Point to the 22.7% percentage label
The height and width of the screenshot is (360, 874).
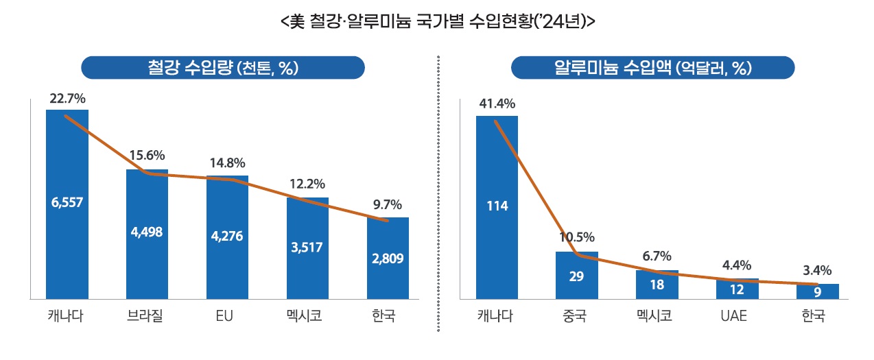(x=67, y=99)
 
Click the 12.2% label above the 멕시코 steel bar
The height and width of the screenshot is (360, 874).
(x=307, y=184)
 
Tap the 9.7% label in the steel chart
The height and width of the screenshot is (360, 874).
(x=388, y=204)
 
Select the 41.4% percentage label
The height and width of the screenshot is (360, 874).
(x=497, y=104)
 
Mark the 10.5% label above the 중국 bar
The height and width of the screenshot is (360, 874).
(x=577, y=237)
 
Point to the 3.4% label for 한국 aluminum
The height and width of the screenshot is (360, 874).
(x=817, y=269)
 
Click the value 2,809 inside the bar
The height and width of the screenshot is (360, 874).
(x=388, y=259)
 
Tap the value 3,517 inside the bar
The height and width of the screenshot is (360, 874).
(x=307, y=247)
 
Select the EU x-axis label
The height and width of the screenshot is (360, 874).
(x=227, y=317)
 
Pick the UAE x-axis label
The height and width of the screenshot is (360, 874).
(x=737, y=317)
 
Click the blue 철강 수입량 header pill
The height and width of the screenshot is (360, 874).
(x=222, y=68)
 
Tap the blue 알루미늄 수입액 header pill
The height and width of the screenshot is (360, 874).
(x=652, y=68)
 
